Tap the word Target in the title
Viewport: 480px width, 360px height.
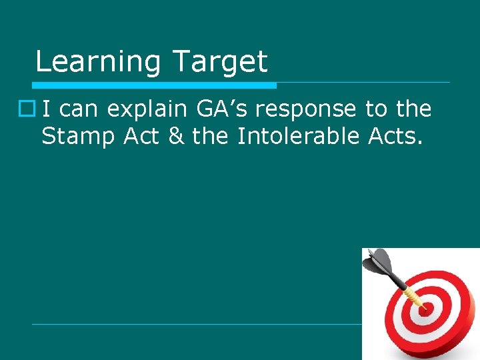(x=219, y=62)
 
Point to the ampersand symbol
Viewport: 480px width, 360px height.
(x=175, y=136)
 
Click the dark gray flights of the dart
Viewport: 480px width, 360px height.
(x=381, y=261)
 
